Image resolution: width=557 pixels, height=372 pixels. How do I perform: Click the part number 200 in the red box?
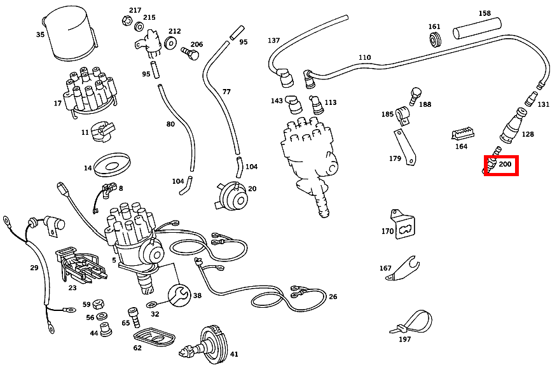pos(505,165)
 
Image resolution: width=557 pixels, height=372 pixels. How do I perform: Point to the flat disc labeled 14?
pos(113,165)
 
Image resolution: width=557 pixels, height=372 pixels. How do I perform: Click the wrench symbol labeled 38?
pos(179,294)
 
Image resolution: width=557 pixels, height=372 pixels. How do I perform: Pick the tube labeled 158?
pos(476,29)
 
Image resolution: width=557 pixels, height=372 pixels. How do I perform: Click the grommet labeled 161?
pos(436,41)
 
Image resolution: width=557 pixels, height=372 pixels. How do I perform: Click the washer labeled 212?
pos(170,43)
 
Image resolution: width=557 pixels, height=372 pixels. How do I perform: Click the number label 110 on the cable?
pos(364,57)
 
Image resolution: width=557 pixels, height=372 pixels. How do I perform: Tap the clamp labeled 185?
pos(402,114)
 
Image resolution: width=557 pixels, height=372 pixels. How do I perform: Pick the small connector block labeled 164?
pos(463,134)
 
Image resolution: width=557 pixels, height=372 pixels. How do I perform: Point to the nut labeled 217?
pos(125,21)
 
